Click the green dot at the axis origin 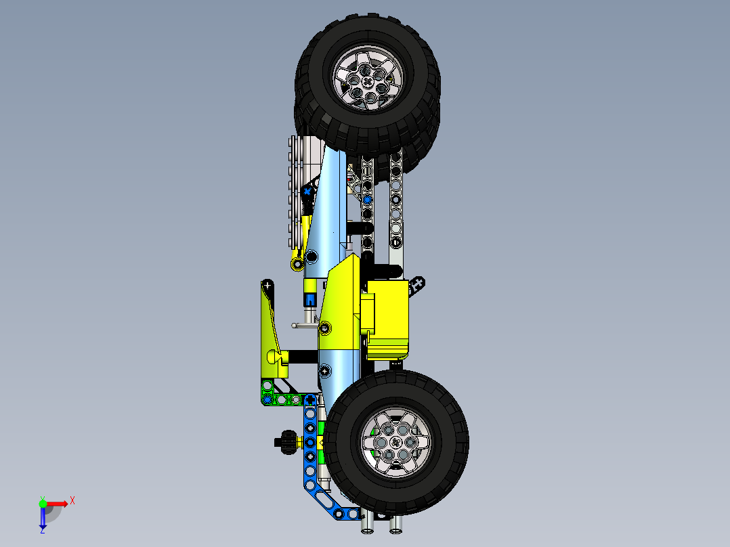tap(43, 503)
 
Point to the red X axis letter tap(72, 501)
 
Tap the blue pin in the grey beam tap(367, 200)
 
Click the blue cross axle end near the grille tap(307, 192)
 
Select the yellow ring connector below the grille tap(297, 263)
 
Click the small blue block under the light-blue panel tap(309, 299)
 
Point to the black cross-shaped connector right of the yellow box tap(417, 284)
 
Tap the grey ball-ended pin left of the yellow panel tap(295, 326)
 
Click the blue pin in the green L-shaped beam tap(267, 399)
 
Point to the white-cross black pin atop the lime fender tap(268, 285)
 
